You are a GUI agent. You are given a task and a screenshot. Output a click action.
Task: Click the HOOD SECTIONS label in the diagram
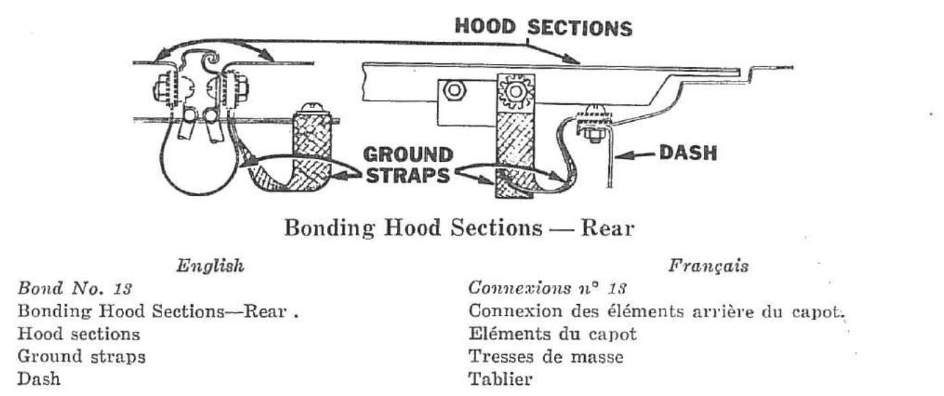(544, 27)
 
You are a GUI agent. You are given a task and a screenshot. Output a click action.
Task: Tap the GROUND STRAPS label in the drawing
(408, 165)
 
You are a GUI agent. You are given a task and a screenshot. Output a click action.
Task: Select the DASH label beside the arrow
(688, 153)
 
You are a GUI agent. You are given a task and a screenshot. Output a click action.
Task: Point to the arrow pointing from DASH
(635, 155)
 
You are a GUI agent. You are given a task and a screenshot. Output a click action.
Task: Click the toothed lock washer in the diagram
(515, 91)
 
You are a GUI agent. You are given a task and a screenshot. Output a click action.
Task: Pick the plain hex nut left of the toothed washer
(453, 90)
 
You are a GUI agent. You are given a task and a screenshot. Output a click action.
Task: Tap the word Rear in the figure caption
(607, 229)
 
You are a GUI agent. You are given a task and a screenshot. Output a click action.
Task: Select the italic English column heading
(210, 266)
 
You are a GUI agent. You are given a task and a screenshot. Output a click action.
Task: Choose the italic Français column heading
(709, 266)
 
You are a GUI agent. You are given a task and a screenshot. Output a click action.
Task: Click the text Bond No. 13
(74, 289)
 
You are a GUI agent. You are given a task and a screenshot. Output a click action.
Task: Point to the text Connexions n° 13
(547, 289)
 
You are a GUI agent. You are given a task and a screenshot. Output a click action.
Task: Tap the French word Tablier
(501, 379)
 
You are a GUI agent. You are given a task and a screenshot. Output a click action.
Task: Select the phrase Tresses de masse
(546, 357)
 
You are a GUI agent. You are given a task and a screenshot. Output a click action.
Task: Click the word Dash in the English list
(39, 379)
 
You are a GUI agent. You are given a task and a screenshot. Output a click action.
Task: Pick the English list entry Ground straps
(81, 357)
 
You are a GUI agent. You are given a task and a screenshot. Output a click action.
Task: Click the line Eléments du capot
(552, 334)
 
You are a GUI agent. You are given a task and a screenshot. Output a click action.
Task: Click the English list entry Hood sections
(79, 334)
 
